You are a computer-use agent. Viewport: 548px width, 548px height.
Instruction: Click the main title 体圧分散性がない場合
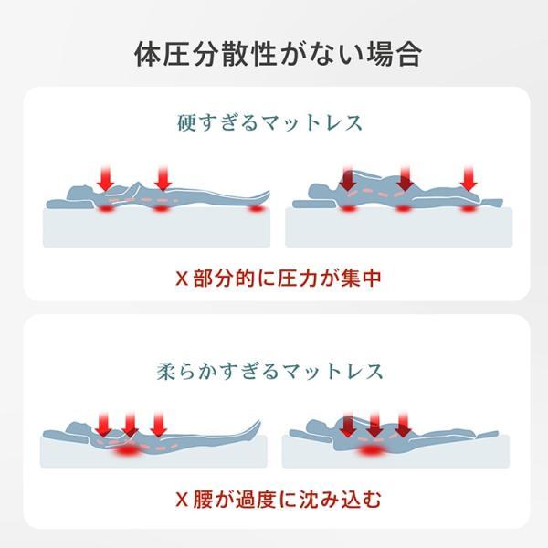point(278,55)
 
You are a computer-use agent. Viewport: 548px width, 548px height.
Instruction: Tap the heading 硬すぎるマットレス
point(269,122)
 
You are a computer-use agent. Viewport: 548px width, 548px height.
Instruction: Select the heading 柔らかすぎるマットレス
point(269,371)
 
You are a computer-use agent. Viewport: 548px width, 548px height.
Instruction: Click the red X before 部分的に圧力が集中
point(182,279)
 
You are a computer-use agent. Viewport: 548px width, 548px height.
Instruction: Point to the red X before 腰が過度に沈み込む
point(182,500)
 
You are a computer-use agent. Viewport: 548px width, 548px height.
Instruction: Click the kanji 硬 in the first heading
point(186,122)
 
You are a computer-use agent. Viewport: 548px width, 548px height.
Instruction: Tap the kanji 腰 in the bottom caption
point(203,500)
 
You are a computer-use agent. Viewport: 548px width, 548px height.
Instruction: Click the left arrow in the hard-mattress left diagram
point(106,179)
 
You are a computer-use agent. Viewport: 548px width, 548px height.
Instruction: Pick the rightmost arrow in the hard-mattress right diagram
point(469,179)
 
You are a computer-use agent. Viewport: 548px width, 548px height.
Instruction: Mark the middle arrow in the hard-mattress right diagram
point(405,179)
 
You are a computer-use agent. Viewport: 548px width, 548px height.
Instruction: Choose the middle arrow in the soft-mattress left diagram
point(130,425)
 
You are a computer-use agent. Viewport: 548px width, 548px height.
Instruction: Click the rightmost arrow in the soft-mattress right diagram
point(403,425)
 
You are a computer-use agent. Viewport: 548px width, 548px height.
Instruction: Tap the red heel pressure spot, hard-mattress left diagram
point(256,208)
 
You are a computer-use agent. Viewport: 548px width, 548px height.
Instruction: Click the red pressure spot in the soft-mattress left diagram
point(127,450)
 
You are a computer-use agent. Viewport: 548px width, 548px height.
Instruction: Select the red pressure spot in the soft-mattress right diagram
point(369,450)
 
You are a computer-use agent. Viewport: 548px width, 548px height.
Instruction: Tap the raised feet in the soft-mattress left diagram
point(252,429)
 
